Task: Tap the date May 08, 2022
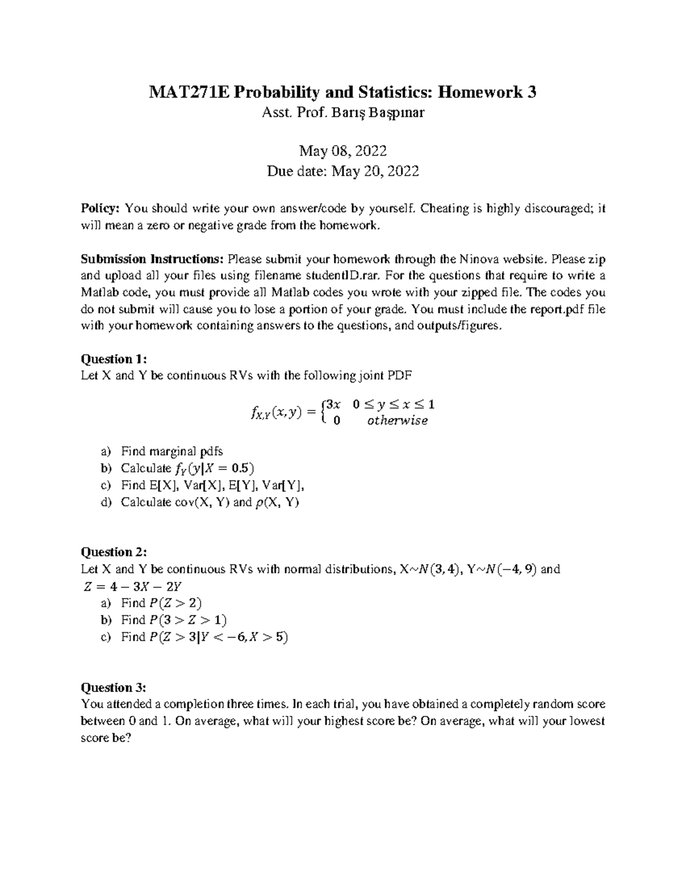click(x=343, y=151)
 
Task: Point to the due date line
click(x=343, y=171)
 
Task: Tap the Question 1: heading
click(x=114, y=359)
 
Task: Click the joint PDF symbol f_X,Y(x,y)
click(x=276, y=413)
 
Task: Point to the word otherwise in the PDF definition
click(x=397, y=421)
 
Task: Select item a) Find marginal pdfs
click(x=171, y=451)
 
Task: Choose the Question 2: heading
click(x=114, y=552)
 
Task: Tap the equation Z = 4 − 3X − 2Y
click(x=133, y=586)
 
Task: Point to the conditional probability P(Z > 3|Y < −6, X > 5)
click(x=218, y=638)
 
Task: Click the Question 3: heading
click(x=114, y=688)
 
